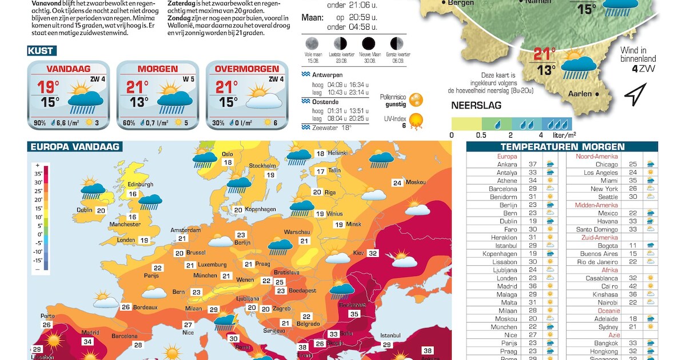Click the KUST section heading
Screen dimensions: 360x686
(41, 51)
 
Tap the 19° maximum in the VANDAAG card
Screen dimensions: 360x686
(48, 87)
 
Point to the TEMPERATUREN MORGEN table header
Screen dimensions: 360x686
(562, 147)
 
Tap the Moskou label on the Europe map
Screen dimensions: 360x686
(416, 182)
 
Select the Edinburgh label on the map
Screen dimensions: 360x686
(140, 185)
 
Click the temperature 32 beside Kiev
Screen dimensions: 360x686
(373, 253)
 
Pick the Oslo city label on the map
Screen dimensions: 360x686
(228, 154)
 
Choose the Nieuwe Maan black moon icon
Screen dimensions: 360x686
(368, 43)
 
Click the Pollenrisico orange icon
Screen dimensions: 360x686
(416, 99)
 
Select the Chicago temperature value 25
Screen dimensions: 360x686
(632, 165)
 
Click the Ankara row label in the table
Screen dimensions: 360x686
(507, 165)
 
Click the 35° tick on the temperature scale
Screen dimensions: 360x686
(38, 174)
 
